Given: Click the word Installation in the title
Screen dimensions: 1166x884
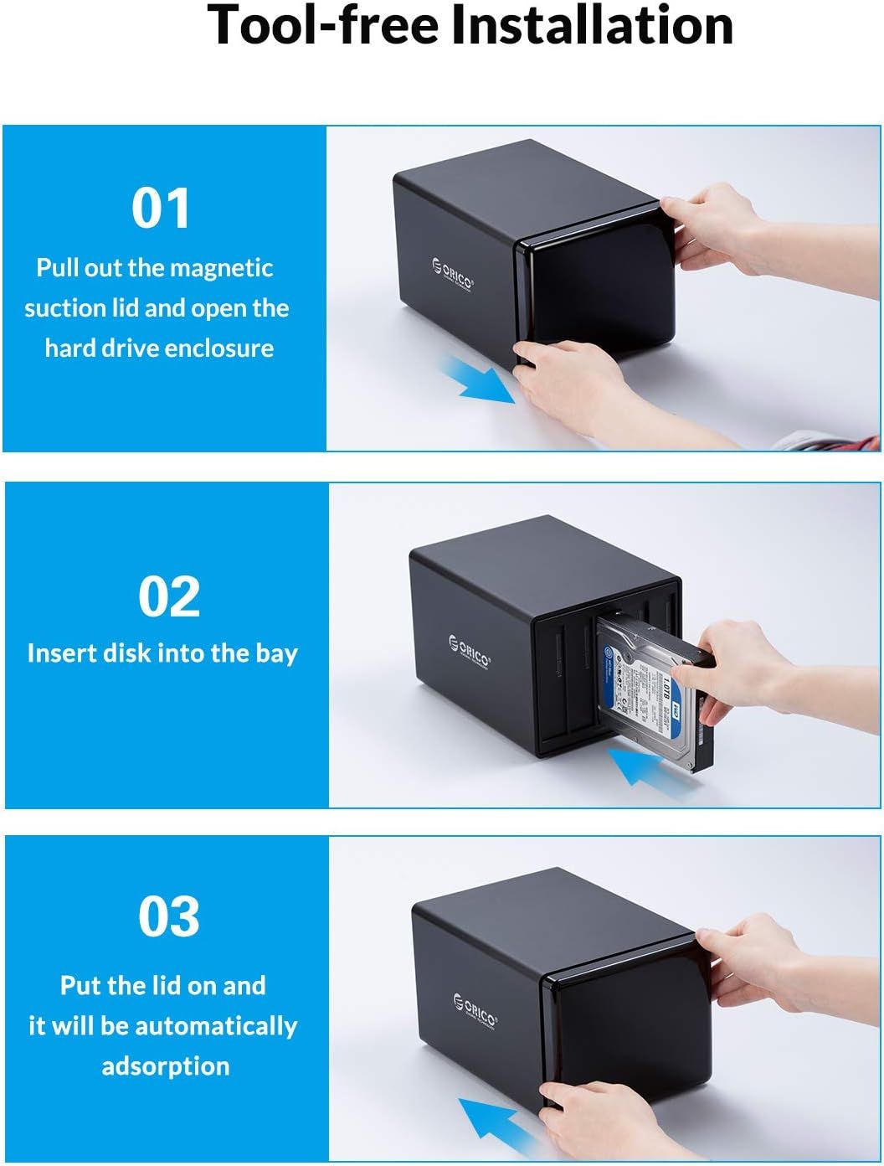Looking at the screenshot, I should pyautogui.click(x=592, y=25).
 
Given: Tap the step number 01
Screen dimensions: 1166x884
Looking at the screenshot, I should pyautogui.click(x=161, y=209).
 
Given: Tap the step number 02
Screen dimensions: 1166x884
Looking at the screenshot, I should pyautogui.click(x=169, y=596).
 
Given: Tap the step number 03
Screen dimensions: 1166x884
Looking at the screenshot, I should pyautogui.click(x=169, y=916).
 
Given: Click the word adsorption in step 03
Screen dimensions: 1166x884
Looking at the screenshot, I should pyautogui.click(x=166, y=1065).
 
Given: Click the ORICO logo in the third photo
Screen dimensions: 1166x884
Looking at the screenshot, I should pyautogui.click(x=475, y=1009).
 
